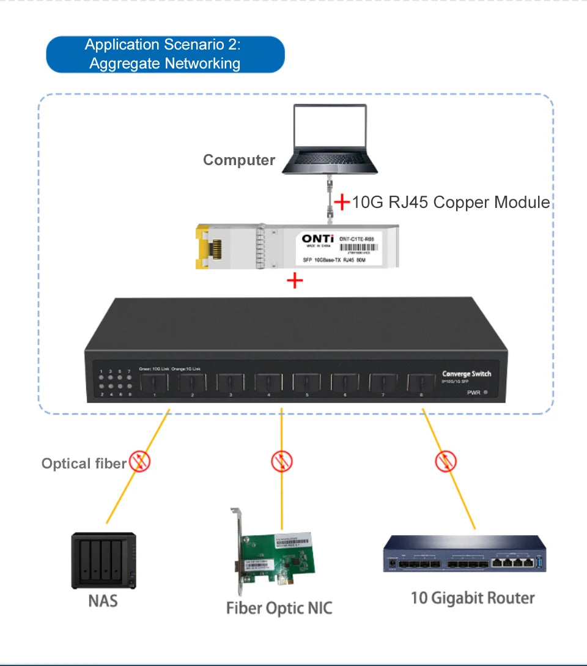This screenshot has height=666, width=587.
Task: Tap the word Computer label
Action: pyautogui.click(x=239, y=160)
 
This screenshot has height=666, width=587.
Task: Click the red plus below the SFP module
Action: pyautogui.click(x=295, y=281)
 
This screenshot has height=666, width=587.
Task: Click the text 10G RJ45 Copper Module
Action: pyautogui.click(x=451, y=202)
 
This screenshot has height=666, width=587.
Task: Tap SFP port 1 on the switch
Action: pyautogui.click(x=154, y=383)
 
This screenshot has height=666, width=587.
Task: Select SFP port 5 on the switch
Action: pyautogui.click(x=306, y=383)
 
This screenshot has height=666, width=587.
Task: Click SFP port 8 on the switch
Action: pyautogui.click(x=421, y=383)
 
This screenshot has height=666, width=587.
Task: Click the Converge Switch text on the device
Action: pyautogui.click(x=466, y=374)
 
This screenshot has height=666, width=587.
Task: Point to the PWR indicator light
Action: pyautogui.click(x=485, y=393)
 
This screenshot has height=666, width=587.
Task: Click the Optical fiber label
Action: pyautogui.click(x=84, y=464)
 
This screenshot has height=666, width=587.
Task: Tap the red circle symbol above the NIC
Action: pyautogui.click(x=282, y=462)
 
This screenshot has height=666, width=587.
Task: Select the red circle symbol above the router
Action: pyautogui.click(x=446, y=461)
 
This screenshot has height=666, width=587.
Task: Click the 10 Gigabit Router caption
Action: pyautogui.click(x=473, y=598)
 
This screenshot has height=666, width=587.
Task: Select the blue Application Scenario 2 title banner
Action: pyautogui.click(x=165, y=54)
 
